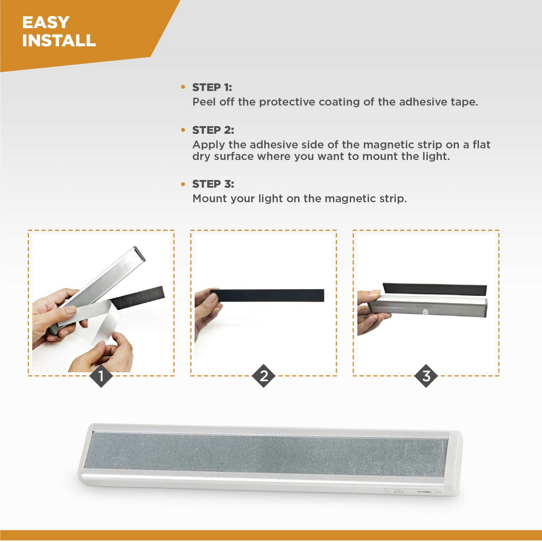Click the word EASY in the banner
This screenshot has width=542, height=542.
46,22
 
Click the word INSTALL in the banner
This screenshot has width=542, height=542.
59,40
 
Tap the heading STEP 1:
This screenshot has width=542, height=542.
212,87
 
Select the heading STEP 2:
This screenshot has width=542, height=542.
213,130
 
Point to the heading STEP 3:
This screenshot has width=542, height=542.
213,184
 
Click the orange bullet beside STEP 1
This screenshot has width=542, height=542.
183,87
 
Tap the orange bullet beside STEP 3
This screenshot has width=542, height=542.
183,184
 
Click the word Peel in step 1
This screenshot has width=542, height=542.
204,102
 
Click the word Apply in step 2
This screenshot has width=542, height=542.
208,145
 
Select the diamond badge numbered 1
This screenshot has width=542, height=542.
101,376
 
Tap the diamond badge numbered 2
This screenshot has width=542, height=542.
264,376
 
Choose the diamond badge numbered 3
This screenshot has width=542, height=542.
426,376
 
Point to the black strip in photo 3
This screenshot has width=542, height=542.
434,289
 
